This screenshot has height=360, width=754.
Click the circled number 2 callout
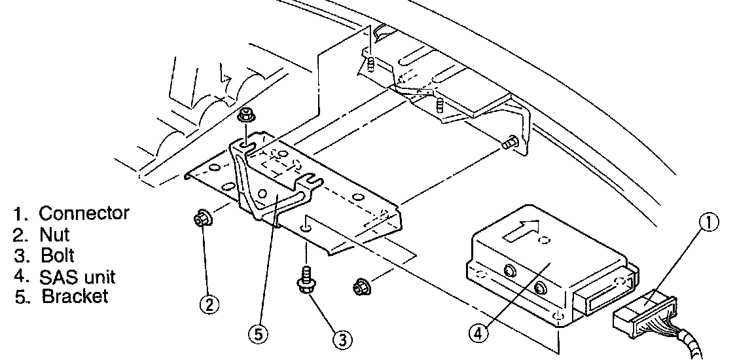209,304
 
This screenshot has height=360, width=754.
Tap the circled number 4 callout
478,333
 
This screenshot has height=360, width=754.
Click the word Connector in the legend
84,213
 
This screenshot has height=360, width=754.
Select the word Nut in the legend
54,234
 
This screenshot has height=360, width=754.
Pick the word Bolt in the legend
56,255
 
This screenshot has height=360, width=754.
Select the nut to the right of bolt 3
359,286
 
